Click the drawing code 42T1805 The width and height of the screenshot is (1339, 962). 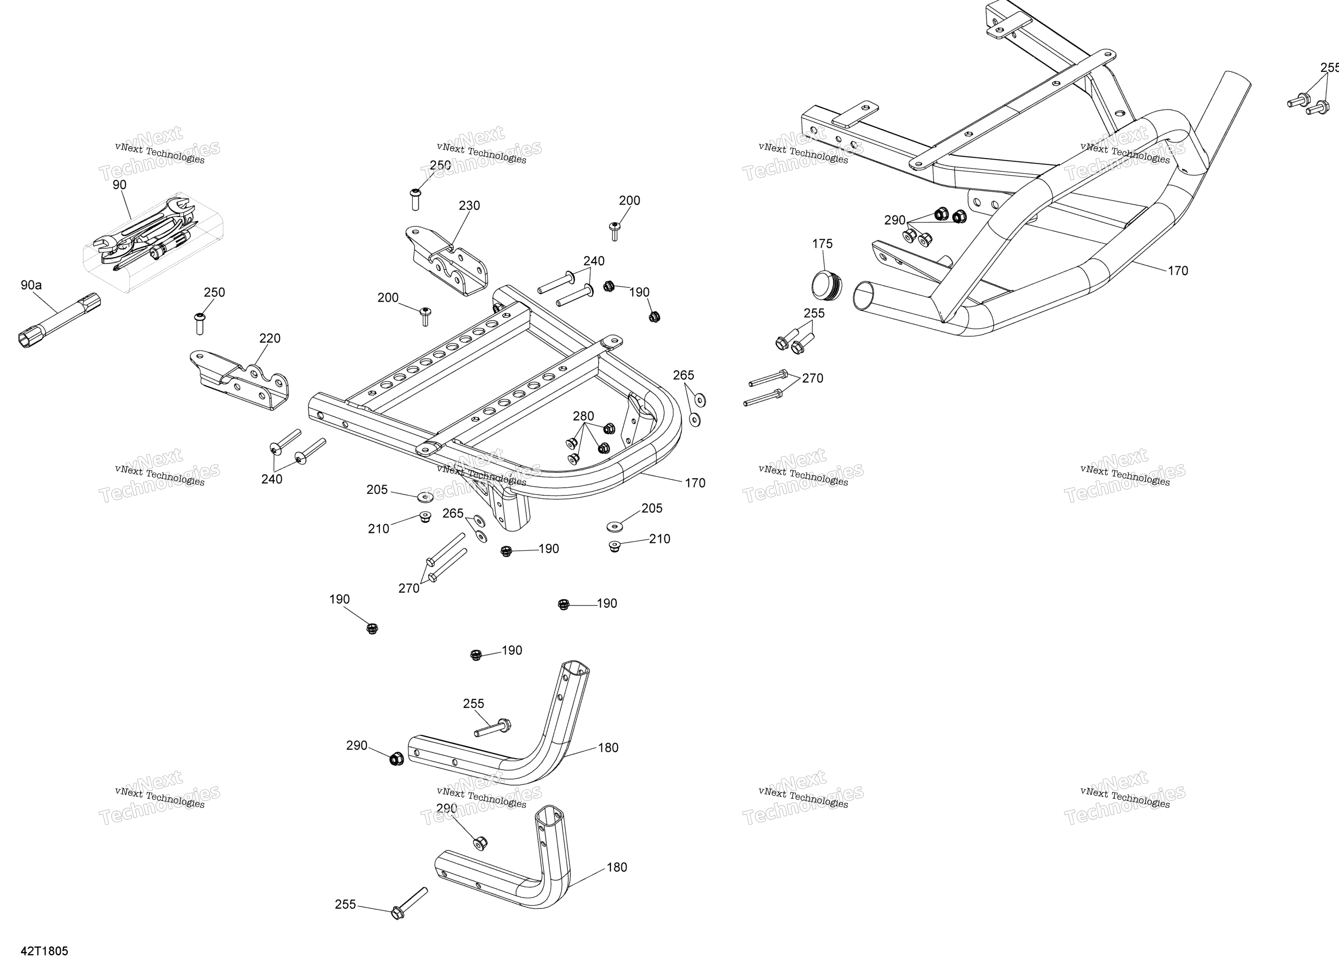tap(45, 951)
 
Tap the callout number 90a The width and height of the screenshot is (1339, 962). tap(31, 285)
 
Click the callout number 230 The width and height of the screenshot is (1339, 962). tap(469, 205)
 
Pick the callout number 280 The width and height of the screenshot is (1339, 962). tap(583, 416)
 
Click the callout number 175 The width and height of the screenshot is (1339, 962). tap(822, 244)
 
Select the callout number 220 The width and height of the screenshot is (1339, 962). tap(270, 338)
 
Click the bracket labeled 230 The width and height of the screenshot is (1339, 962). tap(447, 260)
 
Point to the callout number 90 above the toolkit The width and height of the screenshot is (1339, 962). tap(119, 185)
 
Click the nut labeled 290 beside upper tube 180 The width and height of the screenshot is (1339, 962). tap(397, 759)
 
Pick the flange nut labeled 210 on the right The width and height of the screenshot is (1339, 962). tap(615, 546)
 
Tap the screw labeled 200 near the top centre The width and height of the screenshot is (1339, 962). tap(615, 231)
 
